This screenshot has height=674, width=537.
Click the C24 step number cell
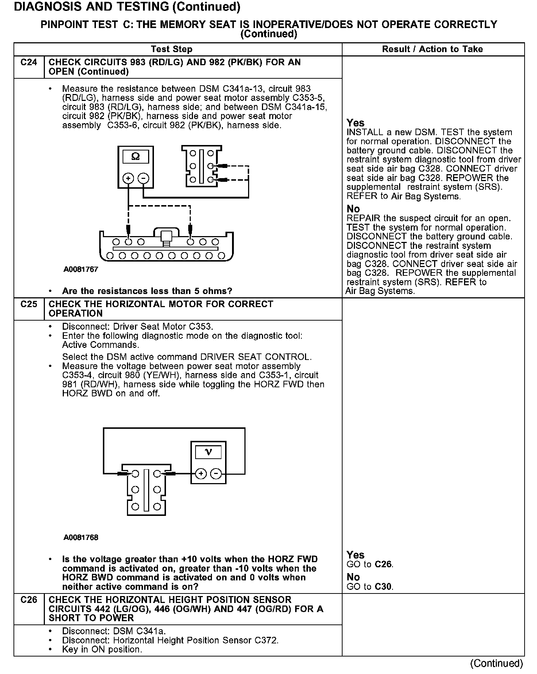coord(29,63)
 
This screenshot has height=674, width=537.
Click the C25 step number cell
coord(29,305)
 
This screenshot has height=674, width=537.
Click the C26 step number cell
coord(29,600)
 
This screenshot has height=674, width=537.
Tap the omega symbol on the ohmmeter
coord(135,157)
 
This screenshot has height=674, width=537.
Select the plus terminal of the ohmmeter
coord(128,178)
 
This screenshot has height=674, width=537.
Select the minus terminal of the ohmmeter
coord(144,178)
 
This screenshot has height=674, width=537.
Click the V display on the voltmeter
coord(208,452)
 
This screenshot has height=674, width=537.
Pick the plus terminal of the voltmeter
coord(201,474)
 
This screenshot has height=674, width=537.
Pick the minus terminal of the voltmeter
coord(216,474)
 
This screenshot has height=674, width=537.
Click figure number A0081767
coord(81,270)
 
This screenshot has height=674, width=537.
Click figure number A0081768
coord(81,537)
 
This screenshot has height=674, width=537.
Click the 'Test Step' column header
coord(171,49)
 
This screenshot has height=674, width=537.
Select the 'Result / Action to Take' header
coord(432,49)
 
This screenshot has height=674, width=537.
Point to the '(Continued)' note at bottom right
coord(497,663)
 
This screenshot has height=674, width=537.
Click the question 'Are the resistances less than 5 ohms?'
coord(147,291)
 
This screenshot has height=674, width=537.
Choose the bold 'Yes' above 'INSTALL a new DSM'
coord(355,123)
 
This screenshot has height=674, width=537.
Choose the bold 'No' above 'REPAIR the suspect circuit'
coord(353,209)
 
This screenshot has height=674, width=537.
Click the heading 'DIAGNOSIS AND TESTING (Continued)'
coord(127,7)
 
